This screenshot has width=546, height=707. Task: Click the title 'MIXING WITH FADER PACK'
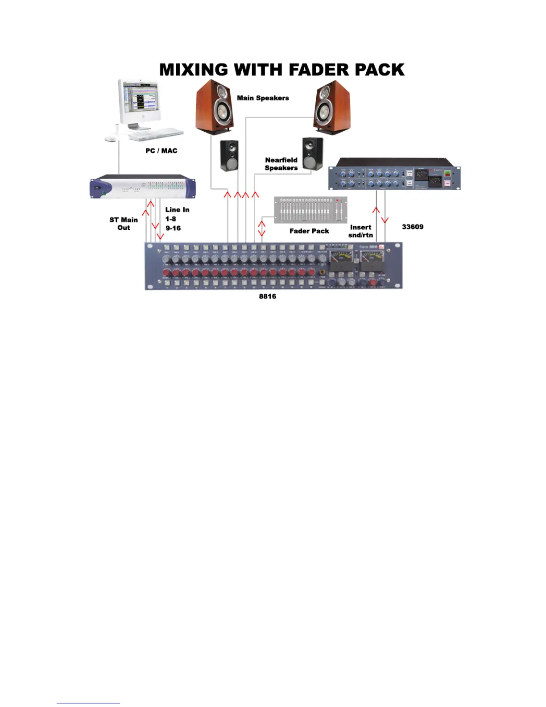[x=282, y=70]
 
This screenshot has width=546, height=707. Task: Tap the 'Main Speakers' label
[x=263, y=98]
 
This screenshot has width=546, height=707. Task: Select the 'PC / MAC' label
[x=161, y=151]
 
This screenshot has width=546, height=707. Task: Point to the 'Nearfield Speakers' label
[x=281, y=164]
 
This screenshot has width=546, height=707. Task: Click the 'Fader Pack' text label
[x=309, y=231]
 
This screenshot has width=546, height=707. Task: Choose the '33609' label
[x=413, y=227]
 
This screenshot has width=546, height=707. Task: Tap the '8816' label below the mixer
[x=268, y=296]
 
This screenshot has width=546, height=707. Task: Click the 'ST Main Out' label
[x=124, y=224]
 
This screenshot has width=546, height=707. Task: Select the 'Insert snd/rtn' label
[x=360, y=231]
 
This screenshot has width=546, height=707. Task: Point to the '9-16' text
[x=173, y=228]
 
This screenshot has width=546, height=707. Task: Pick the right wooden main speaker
[x=332, y=107]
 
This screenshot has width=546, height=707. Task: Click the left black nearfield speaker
[x=229, y=156]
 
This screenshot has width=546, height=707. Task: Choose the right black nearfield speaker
[x=313, y=154]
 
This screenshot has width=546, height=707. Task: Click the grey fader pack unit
[x=310, y=210]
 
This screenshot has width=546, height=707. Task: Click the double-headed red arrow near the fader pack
[x=262, y=226]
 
